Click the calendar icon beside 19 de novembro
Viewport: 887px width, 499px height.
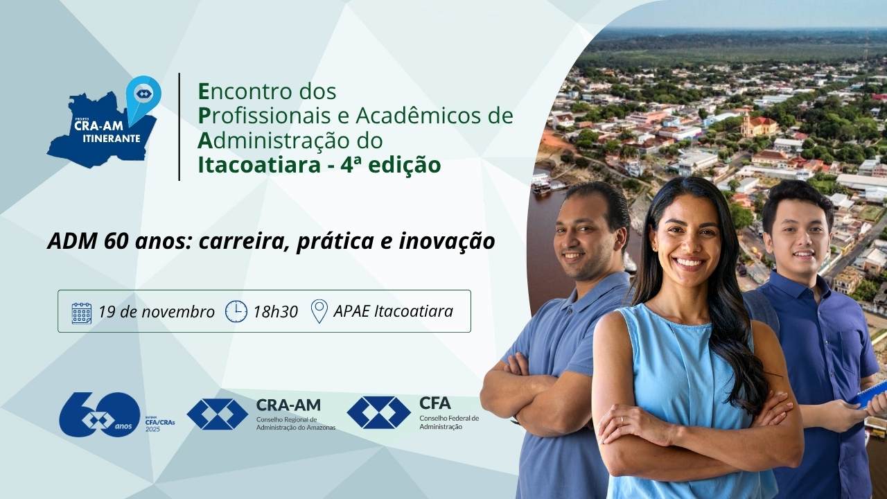[82, 313]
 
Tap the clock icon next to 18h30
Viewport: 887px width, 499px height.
[236, 311]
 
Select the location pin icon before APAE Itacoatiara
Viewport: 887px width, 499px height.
[319, 311]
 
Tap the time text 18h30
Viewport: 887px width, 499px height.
[275, 312]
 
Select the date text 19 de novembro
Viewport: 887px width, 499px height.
[157, 312]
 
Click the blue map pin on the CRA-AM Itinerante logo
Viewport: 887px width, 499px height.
[143, 96]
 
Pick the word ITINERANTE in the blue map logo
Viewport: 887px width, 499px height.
[107, 138]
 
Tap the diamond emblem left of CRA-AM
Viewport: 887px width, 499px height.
[217, 414]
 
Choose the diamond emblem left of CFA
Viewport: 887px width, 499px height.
[378, 412]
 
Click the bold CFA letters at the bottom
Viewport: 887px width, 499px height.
[434, 403]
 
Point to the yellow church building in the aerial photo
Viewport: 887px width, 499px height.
[758, 125]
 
